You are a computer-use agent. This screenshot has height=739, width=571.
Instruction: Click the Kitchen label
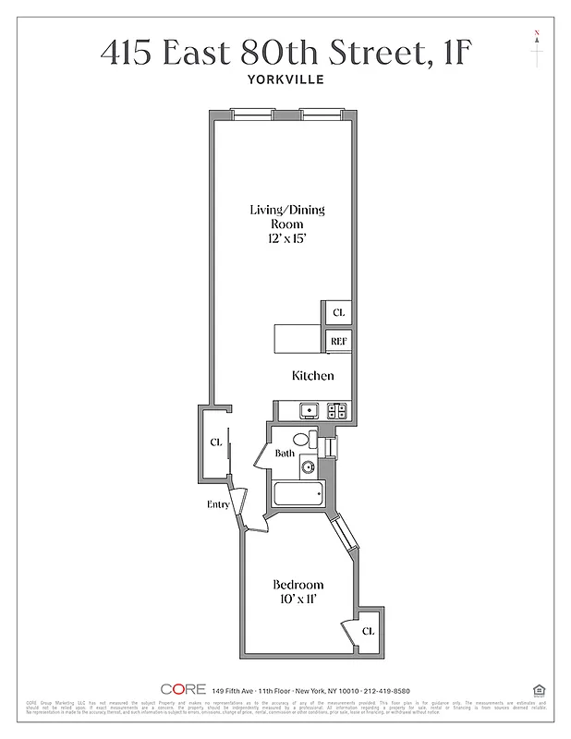[312, 376]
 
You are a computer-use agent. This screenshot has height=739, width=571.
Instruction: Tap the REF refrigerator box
[338, 342]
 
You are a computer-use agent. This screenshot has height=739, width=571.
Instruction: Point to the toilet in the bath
[302, 440]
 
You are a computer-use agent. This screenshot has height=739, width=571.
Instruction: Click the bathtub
[296, 494]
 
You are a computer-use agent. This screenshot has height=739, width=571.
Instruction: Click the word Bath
[285, 454]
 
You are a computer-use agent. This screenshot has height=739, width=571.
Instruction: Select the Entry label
[218, 504]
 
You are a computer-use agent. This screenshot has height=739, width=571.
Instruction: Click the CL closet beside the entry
[215, 443]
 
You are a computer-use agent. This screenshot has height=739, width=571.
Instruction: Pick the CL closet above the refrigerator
[338, 313]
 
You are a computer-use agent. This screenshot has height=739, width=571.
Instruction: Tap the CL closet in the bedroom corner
[367, 632]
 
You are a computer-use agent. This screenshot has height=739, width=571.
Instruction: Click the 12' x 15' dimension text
[286, 238]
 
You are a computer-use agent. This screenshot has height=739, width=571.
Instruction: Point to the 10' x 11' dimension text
[298, 600]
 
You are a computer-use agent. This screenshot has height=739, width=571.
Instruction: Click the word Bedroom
[298, 585]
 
